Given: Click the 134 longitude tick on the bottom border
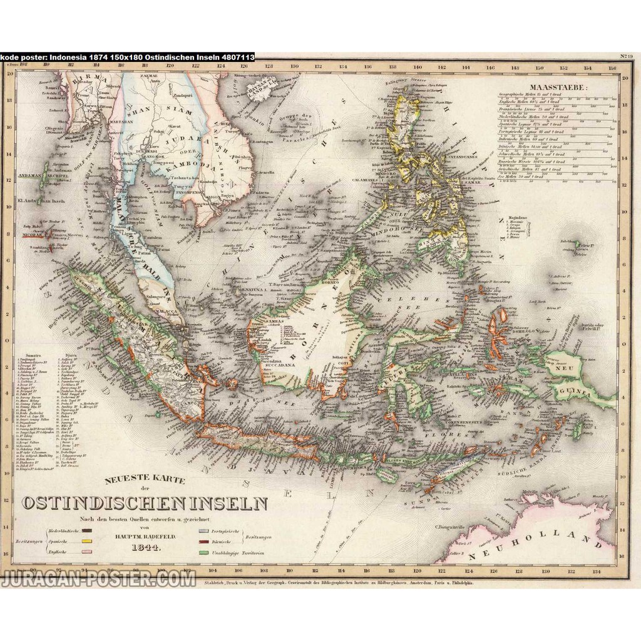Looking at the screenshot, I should [597, 571].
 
